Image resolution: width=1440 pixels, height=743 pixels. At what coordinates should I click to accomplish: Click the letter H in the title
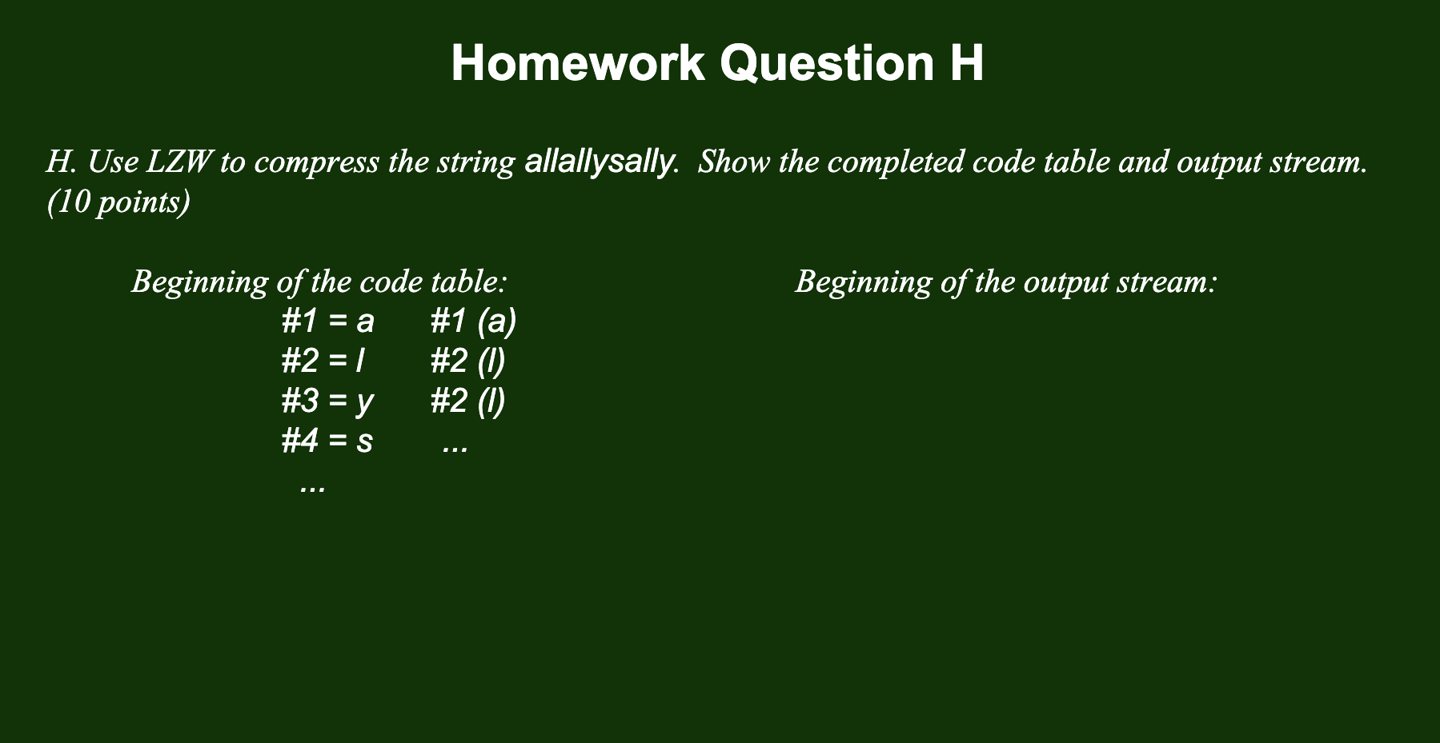pyautogui.click(x=967, y=63)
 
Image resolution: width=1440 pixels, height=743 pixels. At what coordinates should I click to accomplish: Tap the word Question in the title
pyautogui.click(x=827, y=63)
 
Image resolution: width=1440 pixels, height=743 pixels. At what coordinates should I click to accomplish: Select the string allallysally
pyautogui.click(x=598, y=162)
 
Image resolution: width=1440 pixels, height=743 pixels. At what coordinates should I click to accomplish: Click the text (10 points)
pyautogui.click(x=118, y=202)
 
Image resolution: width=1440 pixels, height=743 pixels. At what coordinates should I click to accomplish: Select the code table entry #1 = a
pyautogui.click(x=327, y=322)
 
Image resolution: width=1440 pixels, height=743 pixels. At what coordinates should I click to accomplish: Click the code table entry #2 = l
pyautogui.click(x=323, y=362)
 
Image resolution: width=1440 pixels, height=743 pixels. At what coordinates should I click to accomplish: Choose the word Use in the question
pyautogui.click(x=113, y=162)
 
